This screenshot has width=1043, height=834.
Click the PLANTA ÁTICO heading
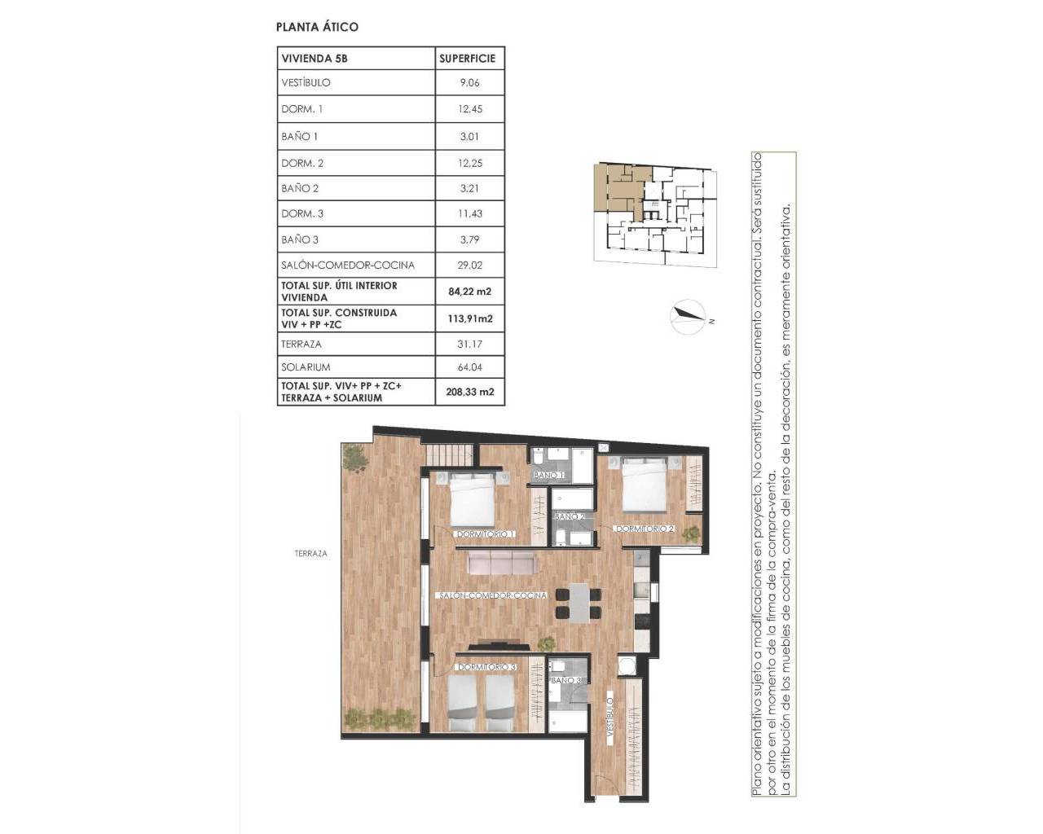[x=318, y=27]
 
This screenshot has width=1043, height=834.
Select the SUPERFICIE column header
[x=467, y=59]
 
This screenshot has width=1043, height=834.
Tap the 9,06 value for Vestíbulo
[x=470, y=82]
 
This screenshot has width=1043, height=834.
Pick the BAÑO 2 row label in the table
[x=300, y=188]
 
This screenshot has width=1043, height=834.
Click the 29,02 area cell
[x=470, y=265]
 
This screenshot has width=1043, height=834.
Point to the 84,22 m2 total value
[x=470, y=291]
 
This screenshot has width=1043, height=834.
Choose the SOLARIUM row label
[x=306, y=367]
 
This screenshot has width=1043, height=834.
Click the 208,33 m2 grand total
[x=470, y=392]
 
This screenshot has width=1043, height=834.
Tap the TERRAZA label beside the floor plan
[x=310, y=553]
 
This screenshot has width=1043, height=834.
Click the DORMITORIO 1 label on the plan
[x=485, y=534]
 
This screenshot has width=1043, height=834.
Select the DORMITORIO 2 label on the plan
[x=645, y=529]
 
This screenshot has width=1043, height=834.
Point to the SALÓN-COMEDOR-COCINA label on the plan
[x=491, y=595]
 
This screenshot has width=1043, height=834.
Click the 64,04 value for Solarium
[x=470, y=367]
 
